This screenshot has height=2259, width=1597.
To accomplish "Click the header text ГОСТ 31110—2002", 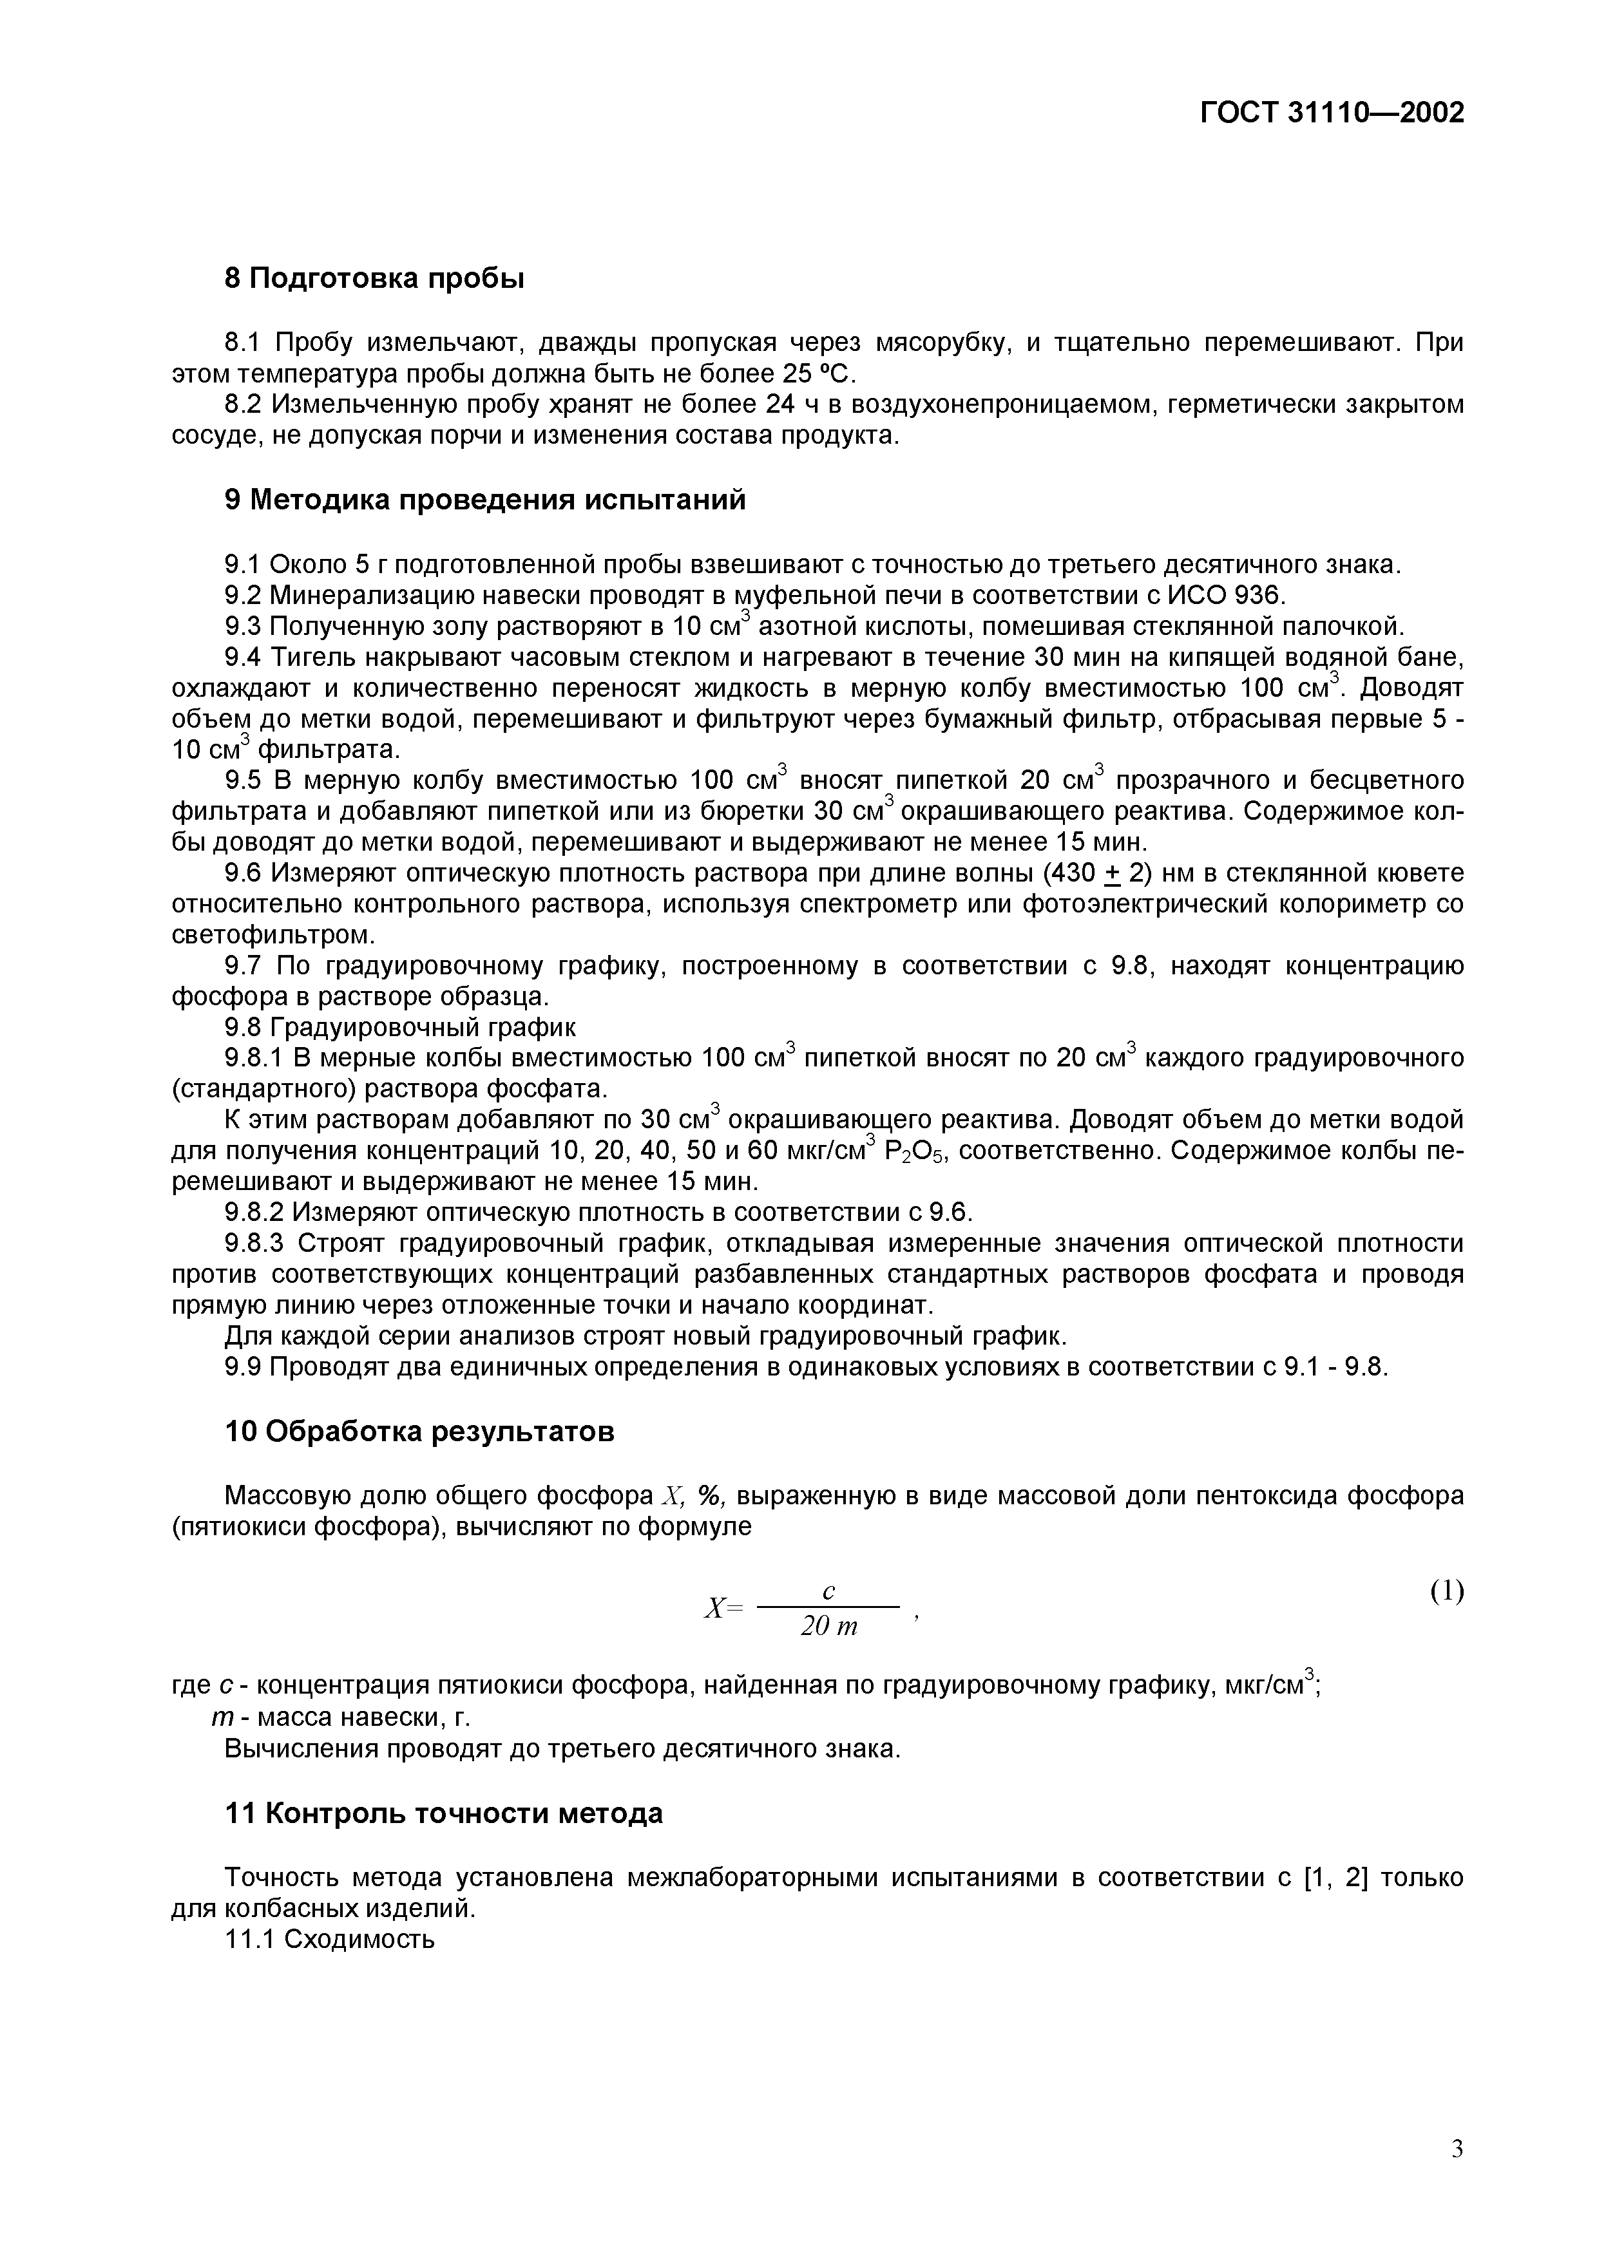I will [x=1332, y=112].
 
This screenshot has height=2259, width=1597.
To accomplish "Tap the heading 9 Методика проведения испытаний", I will [x=485, y=500].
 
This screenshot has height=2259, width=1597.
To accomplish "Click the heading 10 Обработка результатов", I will [x=419, y=1431].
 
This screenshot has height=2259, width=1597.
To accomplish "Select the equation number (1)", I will [x=1446, y=1591].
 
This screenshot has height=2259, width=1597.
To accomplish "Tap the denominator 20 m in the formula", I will [x=828, y=1627].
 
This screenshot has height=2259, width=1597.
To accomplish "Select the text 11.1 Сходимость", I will [x=330, y=1939].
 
